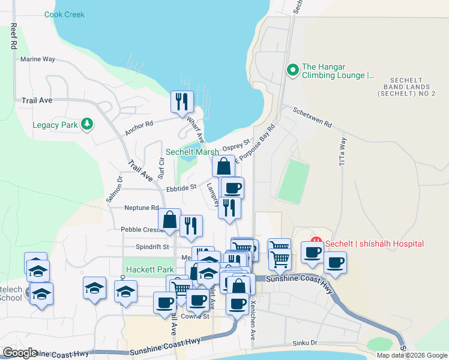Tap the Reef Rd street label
12,37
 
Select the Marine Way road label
37,59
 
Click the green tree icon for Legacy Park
88,124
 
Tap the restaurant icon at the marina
181,101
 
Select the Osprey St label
235,147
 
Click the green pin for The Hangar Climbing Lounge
293,70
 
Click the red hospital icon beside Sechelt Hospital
316,244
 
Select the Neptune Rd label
141,208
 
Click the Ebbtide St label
181,187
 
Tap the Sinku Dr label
305,343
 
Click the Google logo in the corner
19,353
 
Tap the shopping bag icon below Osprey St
223,166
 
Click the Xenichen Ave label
253,313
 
